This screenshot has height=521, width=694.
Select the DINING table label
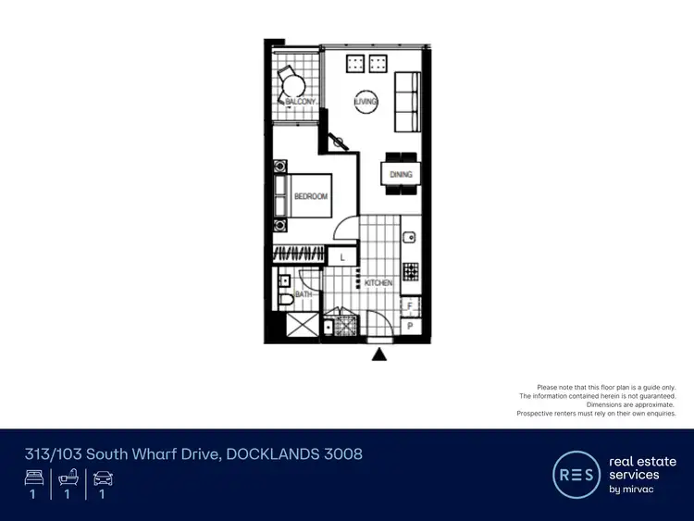(401, 174)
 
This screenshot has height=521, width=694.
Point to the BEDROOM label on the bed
(310, 196)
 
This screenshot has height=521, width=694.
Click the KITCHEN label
(378, 282)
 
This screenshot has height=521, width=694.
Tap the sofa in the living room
(405, 102)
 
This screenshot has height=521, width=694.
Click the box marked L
(341, 256)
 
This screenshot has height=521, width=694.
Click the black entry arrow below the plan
(378, 353)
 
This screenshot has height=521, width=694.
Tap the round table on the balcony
(290, 84)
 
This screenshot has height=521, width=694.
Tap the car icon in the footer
(102, 478)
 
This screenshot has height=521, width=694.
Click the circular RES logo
(576, 476)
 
